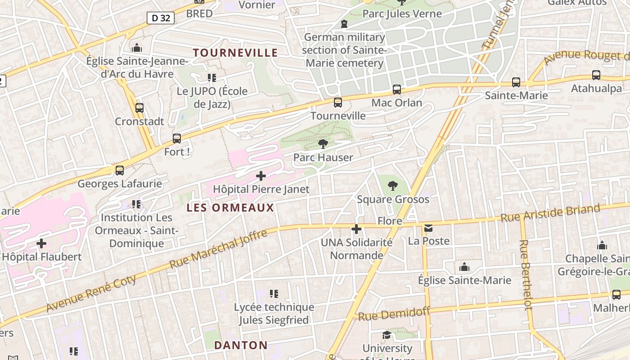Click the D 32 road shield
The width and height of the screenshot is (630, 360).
[x=161, y=18]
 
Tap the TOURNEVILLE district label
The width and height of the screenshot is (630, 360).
[x=235, y=53]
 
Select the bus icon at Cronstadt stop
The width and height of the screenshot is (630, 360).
[x=139, y=108]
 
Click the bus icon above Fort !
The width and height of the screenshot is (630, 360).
[x=177, y=139]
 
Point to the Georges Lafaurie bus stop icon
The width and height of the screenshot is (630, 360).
[x=120, y=171]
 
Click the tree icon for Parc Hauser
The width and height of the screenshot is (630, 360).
[x=323, y=144]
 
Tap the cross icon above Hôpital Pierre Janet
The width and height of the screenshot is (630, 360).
[x=261, y=175]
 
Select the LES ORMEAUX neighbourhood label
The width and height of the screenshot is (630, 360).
[x=230, y=207]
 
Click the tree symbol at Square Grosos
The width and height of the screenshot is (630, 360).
[x=393, y=185]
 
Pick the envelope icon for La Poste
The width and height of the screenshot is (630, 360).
[x=428, y=229]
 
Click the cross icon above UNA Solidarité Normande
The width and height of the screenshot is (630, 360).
[x=356, y=229]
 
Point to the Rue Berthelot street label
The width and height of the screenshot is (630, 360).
[x=526, y=274]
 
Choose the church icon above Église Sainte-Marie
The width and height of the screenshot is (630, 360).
[x=464, y=268]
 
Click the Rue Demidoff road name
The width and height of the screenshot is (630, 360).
[x=394, y=313]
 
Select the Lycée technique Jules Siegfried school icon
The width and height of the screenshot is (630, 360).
[x=274, y=294]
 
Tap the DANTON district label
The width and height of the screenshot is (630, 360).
[x=241, y=345]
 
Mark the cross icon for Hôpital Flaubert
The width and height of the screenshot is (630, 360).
[x=41, y=244]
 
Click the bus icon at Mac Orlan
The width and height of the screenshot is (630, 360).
[x=396, y=90]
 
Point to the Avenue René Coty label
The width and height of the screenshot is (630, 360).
[x=91, y=294]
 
